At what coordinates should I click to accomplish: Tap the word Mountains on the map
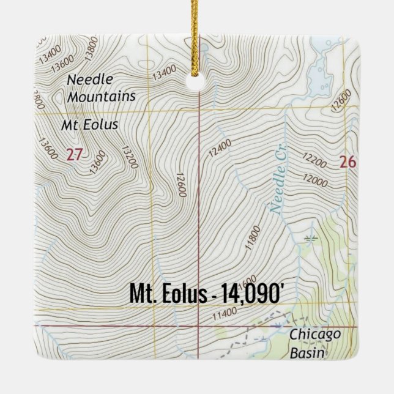coord(102,97)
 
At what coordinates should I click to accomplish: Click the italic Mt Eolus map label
coord(90,125)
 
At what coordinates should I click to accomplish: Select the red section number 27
coord(73,155)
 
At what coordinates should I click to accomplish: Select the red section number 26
coord(348,162)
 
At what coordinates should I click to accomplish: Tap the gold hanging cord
coord(198,31)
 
